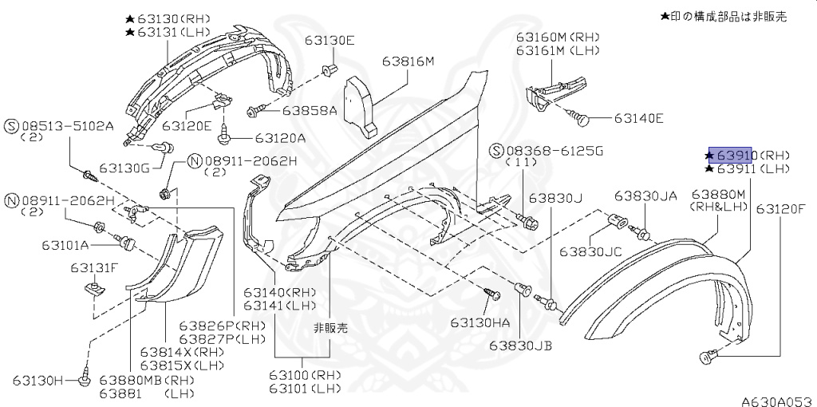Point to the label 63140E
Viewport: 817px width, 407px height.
638,119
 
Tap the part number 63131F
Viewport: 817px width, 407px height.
94,267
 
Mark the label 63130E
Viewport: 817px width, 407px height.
329,41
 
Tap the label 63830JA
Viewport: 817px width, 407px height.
645,196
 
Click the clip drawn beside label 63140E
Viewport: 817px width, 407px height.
582,120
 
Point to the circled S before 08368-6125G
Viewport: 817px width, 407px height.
496,150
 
